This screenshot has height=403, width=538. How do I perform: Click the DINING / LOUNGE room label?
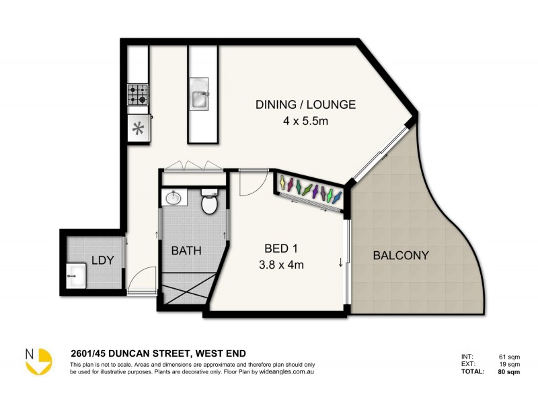[x=305, y=104]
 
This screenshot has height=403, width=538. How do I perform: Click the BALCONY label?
[x=400, y=255]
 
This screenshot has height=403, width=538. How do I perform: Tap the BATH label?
[x=186, y=251]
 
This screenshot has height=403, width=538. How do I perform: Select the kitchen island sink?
[x=200, y=94]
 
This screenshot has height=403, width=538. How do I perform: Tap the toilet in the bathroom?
[x=209, y=203]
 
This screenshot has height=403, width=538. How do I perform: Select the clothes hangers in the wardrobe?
[x=309, y=191]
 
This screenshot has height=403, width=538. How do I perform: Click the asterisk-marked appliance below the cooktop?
[x=139, y=128]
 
